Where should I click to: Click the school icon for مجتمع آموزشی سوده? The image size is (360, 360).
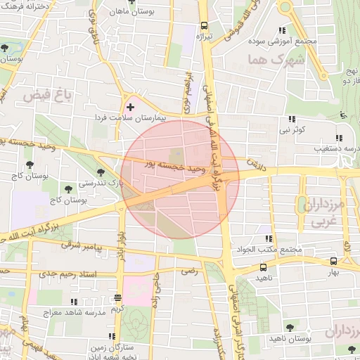(282, 30)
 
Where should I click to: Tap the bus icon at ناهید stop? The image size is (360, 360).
(263, 268)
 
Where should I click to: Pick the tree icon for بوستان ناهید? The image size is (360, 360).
(290, 328)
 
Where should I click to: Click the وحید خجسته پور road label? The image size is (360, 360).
(174, 167)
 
